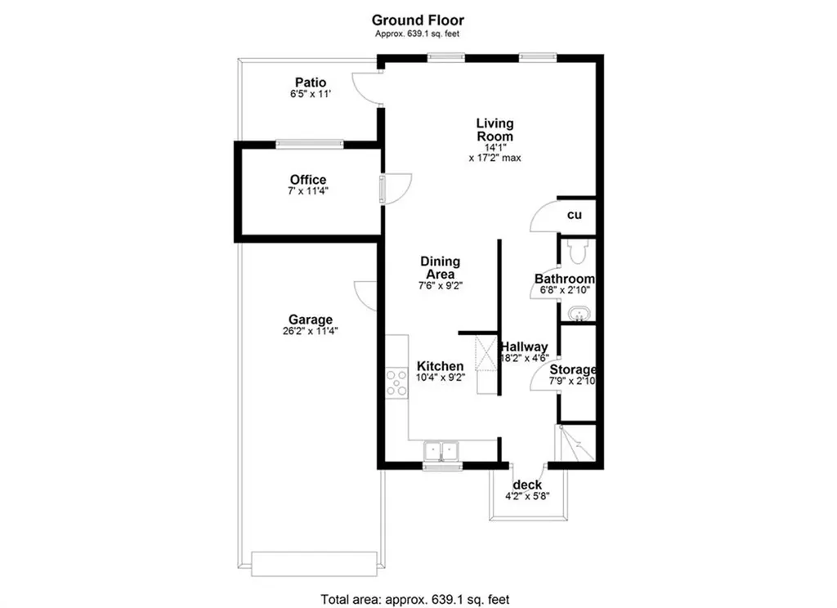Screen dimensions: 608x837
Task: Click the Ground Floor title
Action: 418,20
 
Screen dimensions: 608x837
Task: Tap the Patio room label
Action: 310,83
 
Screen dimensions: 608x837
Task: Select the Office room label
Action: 308,180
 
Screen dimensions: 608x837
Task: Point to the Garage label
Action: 311,320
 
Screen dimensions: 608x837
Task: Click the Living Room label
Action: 495,130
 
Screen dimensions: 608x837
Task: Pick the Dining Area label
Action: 440,267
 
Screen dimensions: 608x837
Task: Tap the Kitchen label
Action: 441,366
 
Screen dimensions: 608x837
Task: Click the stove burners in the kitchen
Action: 396,382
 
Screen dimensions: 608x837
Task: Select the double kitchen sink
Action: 441,452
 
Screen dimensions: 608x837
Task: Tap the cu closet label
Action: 575,215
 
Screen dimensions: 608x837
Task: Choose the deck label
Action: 527,485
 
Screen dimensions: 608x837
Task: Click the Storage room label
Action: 572,370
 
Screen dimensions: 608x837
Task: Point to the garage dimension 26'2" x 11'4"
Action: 311,332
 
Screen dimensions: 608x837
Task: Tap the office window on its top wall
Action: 309,144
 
